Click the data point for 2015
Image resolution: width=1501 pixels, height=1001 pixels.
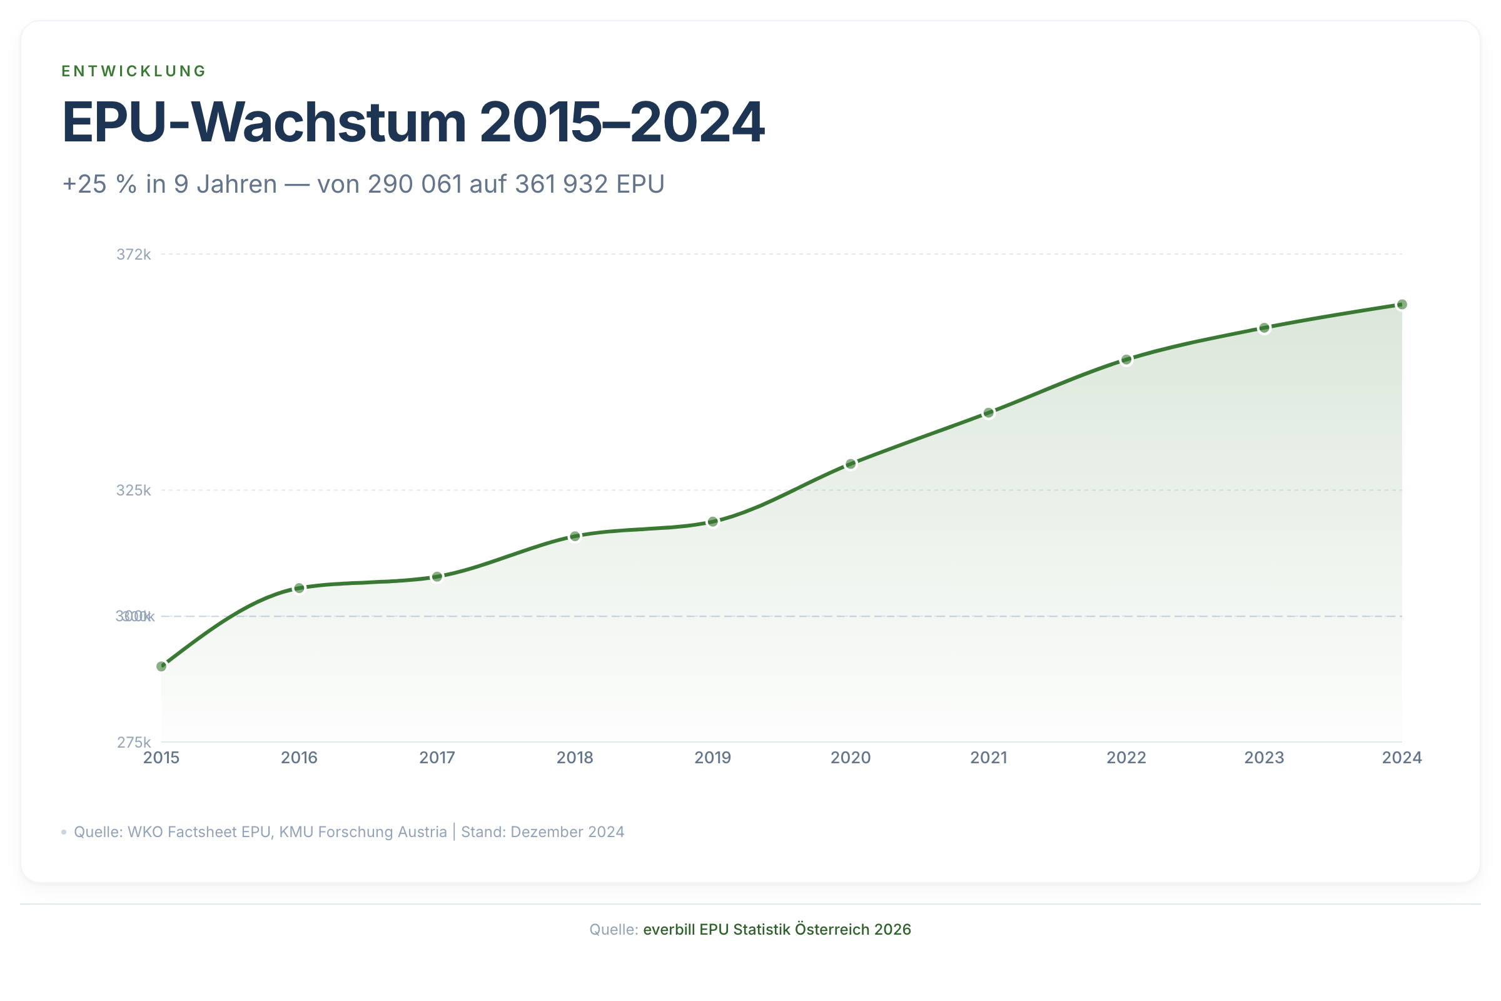tap(161, 666)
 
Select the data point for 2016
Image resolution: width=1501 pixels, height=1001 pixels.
tap(300, 588)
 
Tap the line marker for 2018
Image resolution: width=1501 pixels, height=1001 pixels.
tap(575, 536)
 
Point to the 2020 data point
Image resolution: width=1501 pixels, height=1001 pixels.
tap(851, 464)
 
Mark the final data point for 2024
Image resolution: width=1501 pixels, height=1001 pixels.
tap(1402, 305)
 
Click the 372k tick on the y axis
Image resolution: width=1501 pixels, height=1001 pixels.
tap(133, 255)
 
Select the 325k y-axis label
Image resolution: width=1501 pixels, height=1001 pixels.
tap(133, 490)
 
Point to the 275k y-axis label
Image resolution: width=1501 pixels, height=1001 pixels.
tap(133, 742)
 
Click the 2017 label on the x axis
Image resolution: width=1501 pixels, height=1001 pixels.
tap(437, 758)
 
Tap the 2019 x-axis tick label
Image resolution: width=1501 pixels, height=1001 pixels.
tap(713, 758)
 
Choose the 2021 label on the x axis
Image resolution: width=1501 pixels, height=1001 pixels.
tap(989, 758)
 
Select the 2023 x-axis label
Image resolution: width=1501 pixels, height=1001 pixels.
tap(1264, 758)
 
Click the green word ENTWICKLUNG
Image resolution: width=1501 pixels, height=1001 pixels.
tap(134, 71)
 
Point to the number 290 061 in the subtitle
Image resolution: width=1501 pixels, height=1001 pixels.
tap(414, 184)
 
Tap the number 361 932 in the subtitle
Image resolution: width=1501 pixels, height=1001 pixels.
tap(561, 184)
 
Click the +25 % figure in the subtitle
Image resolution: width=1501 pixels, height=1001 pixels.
tap(99, 184)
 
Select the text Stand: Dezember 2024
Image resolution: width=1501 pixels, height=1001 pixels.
tap(542, 832)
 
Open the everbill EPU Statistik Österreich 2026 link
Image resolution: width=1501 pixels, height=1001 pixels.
tap(777, 930)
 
